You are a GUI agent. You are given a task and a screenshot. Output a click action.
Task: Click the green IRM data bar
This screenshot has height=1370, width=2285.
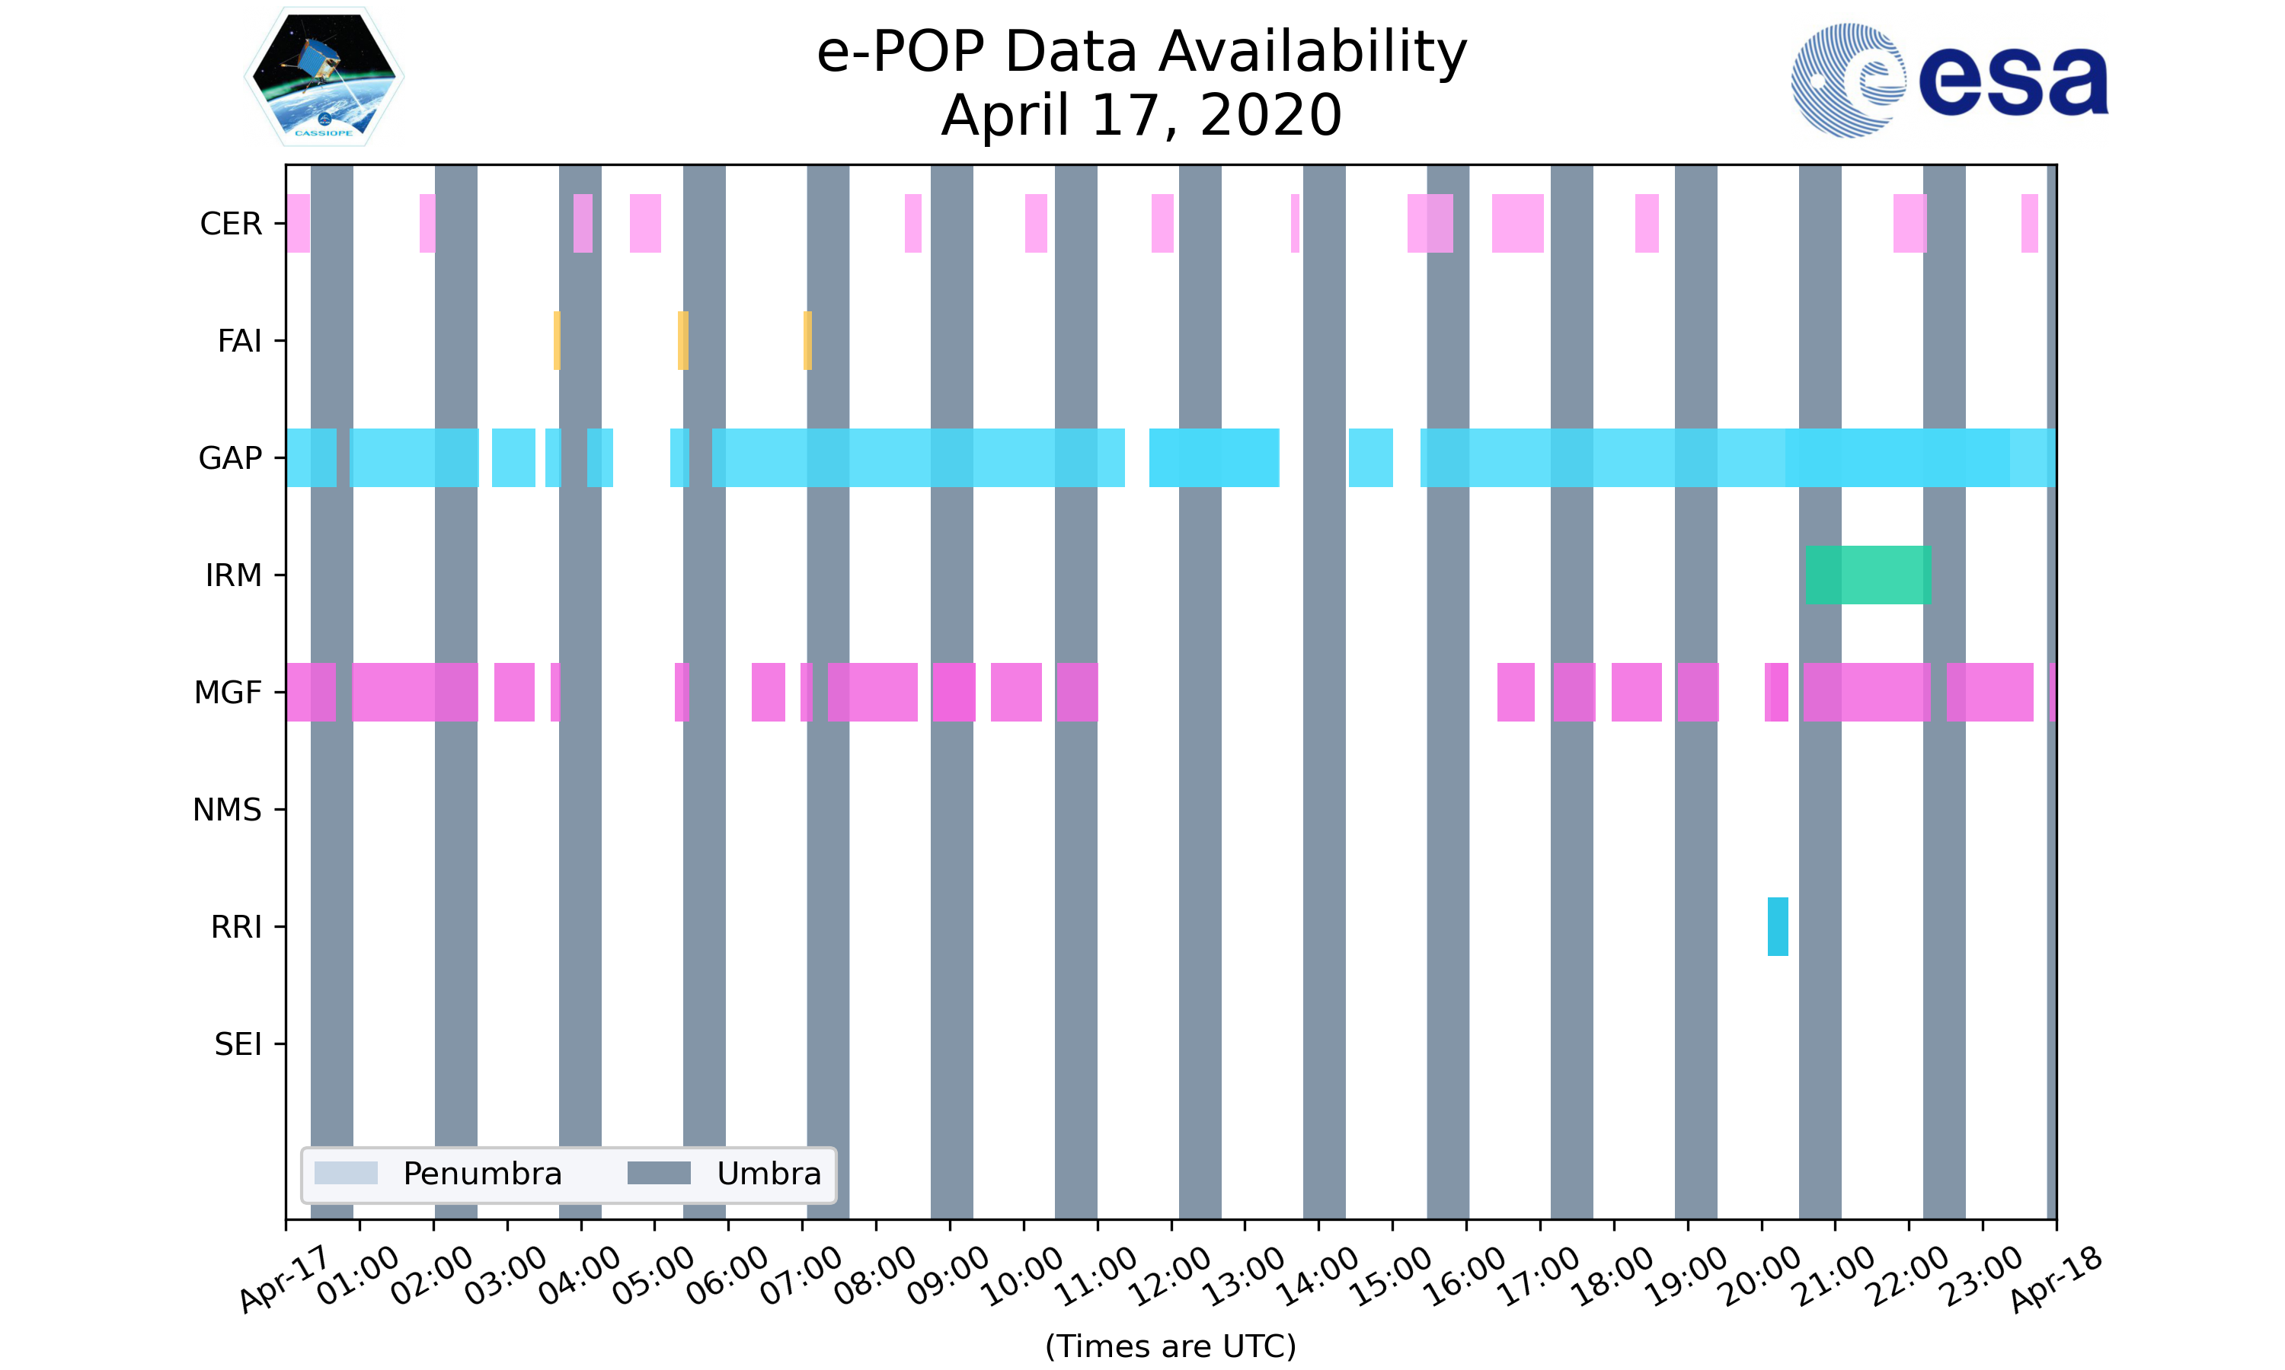pos(1868,575)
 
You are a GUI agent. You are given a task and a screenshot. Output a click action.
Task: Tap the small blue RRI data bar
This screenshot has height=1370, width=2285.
pos(1777,926)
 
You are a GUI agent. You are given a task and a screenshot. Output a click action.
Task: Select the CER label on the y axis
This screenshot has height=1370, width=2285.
pos(231,224)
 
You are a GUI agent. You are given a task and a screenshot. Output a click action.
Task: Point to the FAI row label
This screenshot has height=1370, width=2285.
pos(239,341)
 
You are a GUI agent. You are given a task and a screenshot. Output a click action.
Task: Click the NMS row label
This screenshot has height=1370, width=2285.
pos(227,810)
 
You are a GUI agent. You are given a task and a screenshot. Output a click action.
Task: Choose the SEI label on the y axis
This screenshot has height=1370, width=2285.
pos(238,1044)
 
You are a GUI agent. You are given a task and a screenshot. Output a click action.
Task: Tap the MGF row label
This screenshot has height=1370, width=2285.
pos(227,693)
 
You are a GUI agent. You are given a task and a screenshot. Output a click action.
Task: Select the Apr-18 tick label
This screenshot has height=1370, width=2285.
pos(2056,1278)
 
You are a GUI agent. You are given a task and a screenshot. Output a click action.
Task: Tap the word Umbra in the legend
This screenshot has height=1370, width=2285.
pos(769,1174)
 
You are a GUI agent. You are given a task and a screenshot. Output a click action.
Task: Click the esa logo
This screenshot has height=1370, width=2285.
pos(1949,81)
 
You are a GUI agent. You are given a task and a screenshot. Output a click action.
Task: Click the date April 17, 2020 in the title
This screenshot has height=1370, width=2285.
pos(1142,116)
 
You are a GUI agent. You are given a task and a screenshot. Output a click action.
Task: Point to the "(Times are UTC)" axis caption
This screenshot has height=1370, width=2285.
pos(1170,1346)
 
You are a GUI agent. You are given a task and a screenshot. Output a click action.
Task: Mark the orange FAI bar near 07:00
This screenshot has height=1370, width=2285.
pos(807,341)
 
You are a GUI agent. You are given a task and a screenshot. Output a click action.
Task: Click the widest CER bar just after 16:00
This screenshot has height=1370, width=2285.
pos(1516,224)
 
